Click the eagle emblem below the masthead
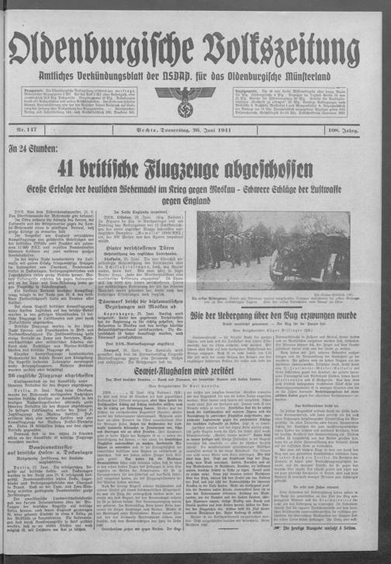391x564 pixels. (x=195, y=98)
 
